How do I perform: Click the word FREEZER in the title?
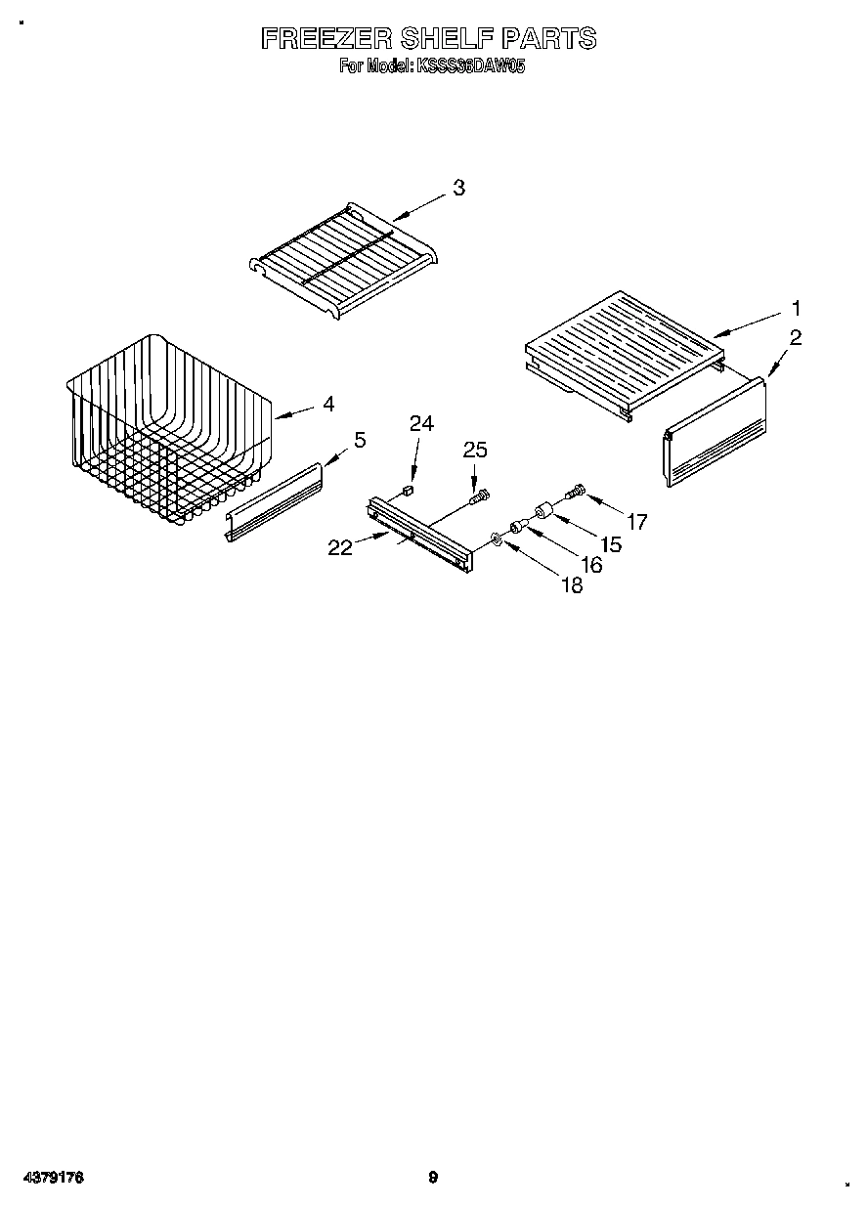click(326, 38)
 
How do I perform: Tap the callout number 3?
click(457, 189)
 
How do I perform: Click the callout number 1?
click(796, 308)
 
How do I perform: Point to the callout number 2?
click(796, 338)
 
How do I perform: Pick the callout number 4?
click(328, 403)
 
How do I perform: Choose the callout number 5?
click(360, 440)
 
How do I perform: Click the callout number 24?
click(421, 423)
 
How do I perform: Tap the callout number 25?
click(474, 450)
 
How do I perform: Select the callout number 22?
click(340, 547)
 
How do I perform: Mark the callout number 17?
click(636, 522)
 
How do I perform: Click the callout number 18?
click(571, 585)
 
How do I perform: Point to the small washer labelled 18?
click(498, 538)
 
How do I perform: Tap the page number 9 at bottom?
click(433, 1178)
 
